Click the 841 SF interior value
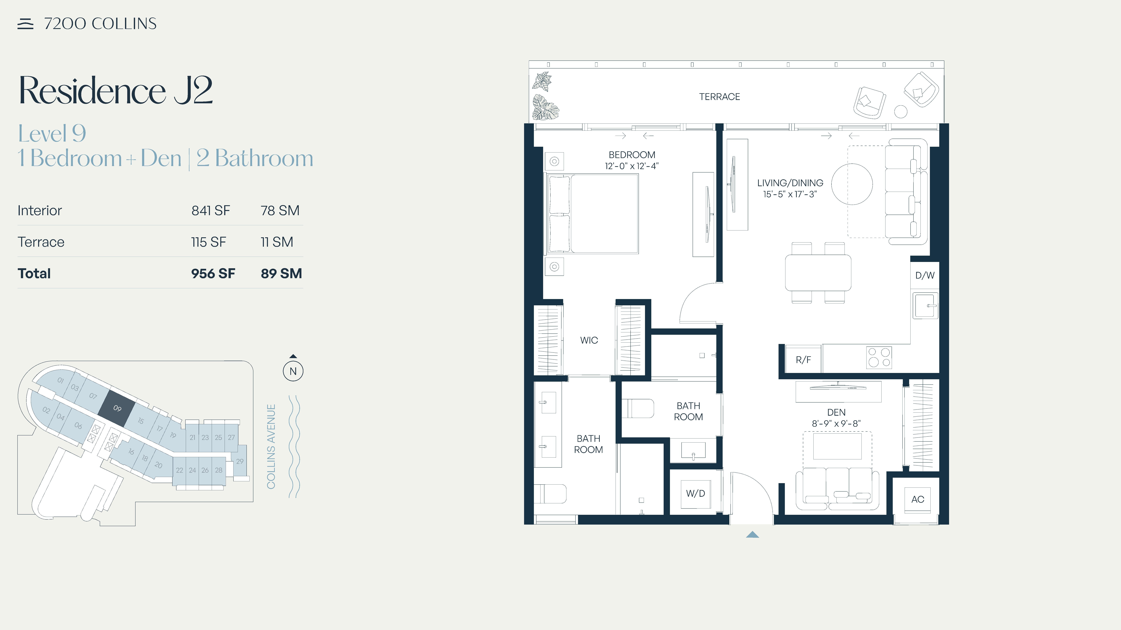[211, 210]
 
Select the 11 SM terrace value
[277, 242]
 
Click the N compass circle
[293, 371]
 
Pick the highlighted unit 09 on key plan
[117, 408]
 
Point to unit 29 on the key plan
[240, 461]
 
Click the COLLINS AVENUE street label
[271, 446]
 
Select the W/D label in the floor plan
[695, 494]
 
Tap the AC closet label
[918, 499]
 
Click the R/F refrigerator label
[803, 360]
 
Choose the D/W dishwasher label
[925, 275]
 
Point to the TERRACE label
[719, 96]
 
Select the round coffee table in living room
[852, 184]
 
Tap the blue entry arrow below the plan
[752, 535]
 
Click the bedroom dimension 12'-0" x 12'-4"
[632, 166]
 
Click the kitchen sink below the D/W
[925, 306]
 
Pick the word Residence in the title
[92, 90]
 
